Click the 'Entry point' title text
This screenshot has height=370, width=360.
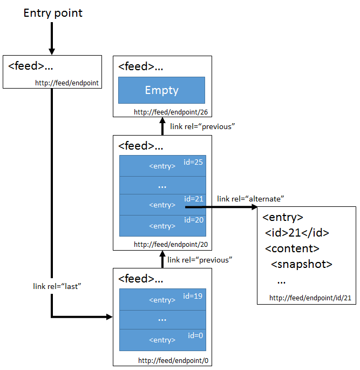pyautogui.click(x=53, y=13)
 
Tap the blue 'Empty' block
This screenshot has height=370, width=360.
pyautogui.click(x=161, y=90)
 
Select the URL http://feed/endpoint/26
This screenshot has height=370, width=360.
pyautogui.click(x=171, y=112)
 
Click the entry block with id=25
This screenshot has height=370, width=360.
pyautogui.click(x=162, y=166)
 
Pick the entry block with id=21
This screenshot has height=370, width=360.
pyautogui.click(x=162, y=205)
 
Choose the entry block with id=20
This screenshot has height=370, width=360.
pyautogui.click(x=162, y=226)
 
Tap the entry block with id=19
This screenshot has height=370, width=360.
pyautogui.click(x=162, y=299)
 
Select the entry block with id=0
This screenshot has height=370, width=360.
pyautogui.click(x=162, y=340)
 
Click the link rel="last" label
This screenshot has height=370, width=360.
pyautogui.click(x=57, y=286)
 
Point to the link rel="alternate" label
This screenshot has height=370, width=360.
pyautogui.click(x=250, y=199)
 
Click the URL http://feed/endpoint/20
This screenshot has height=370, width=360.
pyautogui.click(x=171, y=245)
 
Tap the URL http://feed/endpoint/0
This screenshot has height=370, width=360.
pyautogui.click(x=173, y=361)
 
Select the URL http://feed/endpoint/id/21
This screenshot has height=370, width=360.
pyautogui.click(x=310, y=298)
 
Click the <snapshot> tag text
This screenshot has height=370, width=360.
pyautogui.click(x=302, y=264)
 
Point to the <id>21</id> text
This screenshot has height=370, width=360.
pyautogui.click(x=297, y=233)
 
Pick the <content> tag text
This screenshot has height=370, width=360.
pyautogui.click(x=292, y=248)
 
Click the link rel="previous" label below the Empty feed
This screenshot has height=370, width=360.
pyautogui.click(x=202, y=127)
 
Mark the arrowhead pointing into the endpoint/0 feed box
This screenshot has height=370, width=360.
pyautogui.click(x=110, y=317)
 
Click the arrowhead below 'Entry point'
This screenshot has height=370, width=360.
pyautogui.click(x=52, y=51)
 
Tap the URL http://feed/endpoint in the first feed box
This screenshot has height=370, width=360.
pyautogui.click(x=67, y=83)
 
